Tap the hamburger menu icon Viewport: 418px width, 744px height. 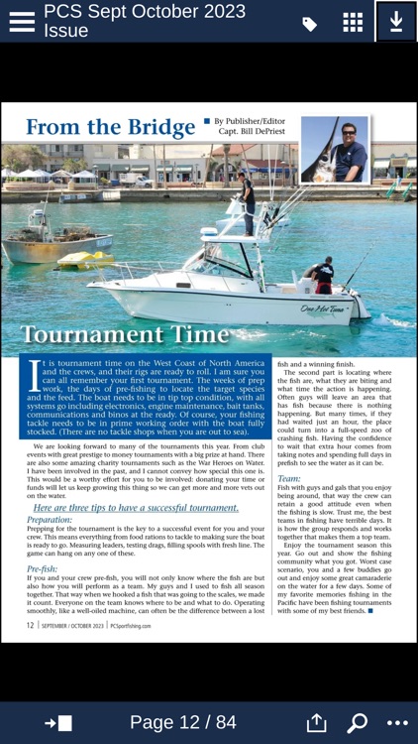coord(21,22)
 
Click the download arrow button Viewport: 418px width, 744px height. coord(396,22)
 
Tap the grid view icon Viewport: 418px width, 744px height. coord(353,23)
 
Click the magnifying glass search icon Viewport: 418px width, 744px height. coord(357,723)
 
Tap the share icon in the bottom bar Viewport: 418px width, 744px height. coord(316,722)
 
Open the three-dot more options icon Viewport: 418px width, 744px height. coord(397,723)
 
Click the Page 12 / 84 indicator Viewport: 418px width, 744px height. coord(183,722)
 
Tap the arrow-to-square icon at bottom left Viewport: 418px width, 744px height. coord(58,723)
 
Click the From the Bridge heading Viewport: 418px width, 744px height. coord(110,128)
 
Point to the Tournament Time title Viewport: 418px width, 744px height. coord(125,335)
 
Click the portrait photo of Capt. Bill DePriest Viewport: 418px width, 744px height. coord(334,148)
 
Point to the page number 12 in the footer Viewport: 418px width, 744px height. coord(31,625)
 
